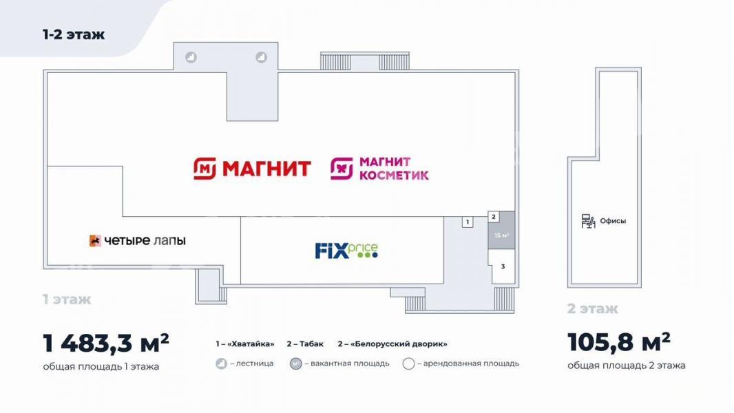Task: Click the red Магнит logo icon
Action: click(x=205, y=169)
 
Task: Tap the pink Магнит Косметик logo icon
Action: click(x=342, y=169)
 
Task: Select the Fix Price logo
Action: click(x=346, y=251)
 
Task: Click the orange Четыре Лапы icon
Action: click(x=95, y=240)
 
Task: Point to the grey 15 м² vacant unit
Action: click(x=502, y=231)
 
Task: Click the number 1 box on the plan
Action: click(x=467, y=222)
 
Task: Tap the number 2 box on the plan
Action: click(x=494, y=217)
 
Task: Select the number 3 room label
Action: click(x=503, y=266)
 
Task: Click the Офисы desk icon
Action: click(x=588, y=221)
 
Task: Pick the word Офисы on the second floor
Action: click(x=613, y=221)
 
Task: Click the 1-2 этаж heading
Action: click(x=74, y=34)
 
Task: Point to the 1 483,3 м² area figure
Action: click(x=106, y=343)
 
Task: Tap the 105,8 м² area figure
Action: click(x=619, y=342)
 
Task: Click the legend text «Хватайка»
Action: click(x=251, y=343)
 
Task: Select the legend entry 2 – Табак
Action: click(x=305, y=343)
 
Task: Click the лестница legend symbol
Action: click(x=222, y=363)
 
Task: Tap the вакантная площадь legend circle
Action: click(x=296, y=363)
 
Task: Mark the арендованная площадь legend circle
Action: click(x=409, y=363)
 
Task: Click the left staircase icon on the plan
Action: click(x=191, y=57)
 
